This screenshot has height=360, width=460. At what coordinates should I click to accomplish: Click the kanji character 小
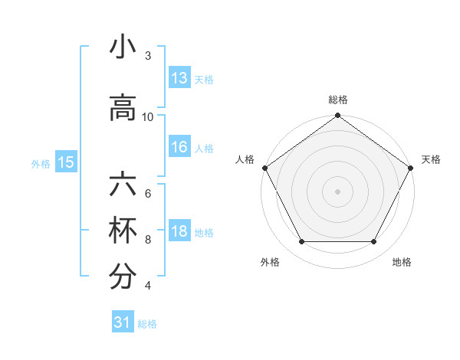[x=123, y=47]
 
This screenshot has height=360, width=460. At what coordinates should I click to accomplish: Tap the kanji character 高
[x=123, y=109]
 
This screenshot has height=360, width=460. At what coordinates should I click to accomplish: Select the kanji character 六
[x=123, y=186]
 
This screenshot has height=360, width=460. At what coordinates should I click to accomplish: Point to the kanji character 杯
[x=123, y=232]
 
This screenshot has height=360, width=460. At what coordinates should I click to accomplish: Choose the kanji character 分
[x=123, y=277]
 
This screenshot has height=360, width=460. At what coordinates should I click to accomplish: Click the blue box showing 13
[x=179, y=78]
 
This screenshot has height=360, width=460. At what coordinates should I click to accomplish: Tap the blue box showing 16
[x=179, y=148]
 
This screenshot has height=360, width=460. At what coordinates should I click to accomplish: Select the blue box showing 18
[x=179, y=232]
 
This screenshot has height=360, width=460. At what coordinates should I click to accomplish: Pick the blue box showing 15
[x=65, y=162]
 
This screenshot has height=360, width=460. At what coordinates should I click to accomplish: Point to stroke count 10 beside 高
[x=148, y=116]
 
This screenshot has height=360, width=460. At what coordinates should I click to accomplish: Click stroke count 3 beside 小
[x=148, y=56]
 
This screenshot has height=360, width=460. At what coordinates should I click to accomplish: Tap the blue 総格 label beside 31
[x=147, y=324]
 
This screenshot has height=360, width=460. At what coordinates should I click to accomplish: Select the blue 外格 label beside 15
[x=41, y=163]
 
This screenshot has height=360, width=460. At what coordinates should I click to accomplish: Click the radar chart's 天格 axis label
[x=431, y=159]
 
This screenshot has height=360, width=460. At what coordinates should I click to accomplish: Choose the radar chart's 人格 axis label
[x=245, y=159]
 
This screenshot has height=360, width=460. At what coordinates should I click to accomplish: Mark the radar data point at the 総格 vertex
[x=337, y=116]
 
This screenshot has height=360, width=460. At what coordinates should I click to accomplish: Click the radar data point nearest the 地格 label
[x=374, y=242]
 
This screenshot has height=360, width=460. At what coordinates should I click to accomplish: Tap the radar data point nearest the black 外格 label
[x=301, y=242]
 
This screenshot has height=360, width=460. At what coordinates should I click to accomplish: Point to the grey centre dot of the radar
[x=337, y=191]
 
